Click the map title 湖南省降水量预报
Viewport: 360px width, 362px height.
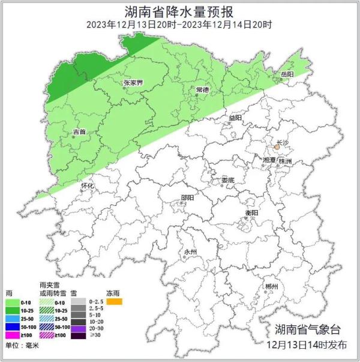click(x=179, y=11)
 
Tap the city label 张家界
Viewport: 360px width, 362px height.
click(x=131, y=83)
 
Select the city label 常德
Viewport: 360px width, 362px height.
click(x=202, y=89)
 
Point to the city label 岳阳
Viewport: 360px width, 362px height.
click(x=287, y=73)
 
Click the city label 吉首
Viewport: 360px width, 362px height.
click(x=79, y=131)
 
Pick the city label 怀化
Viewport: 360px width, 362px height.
click(x=88, y=186)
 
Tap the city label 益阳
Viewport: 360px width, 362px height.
click(x=235, y=118)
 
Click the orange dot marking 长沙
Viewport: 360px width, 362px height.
click(x=277, y=146)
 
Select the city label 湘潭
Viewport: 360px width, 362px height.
click(x=270, y=161)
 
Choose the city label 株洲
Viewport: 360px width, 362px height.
click(x=286, y=161)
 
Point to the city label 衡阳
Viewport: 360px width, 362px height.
click(x=251, y=213)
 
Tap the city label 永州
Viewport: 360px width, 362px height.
click(x=190, y=252)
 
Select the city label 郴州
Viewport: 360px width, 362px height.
click(x=271, y=287)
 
